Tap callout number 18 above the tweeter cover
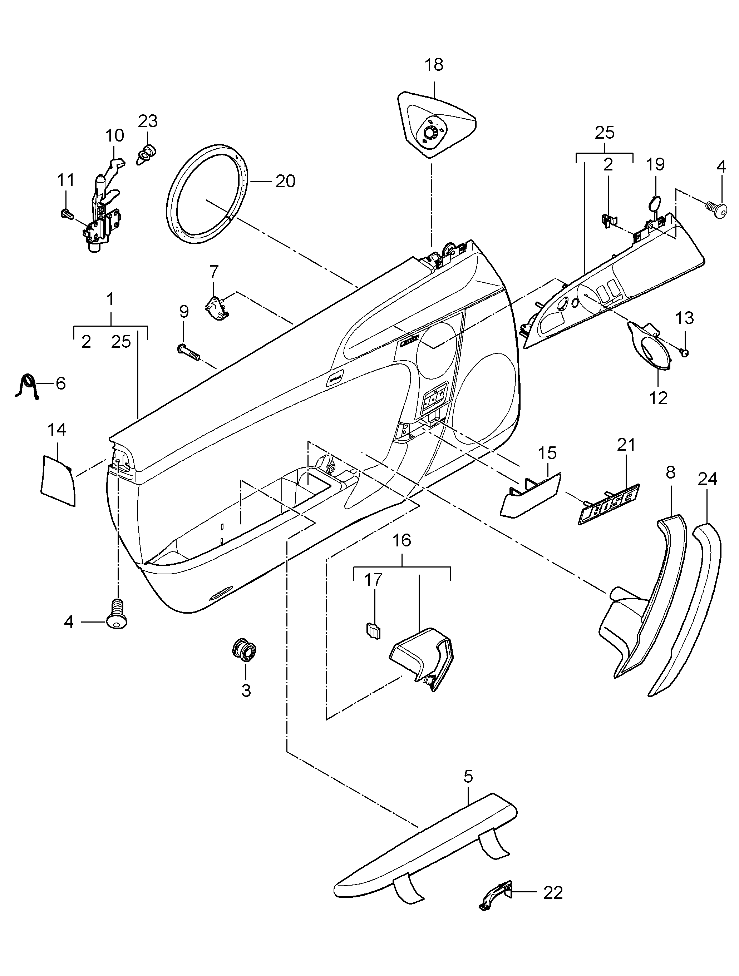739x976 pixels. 434,65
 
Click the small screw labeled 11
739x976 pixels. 66,214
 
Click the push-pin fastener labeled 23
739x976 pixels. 147,154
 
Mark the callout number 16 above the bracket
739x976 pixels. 402,540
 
